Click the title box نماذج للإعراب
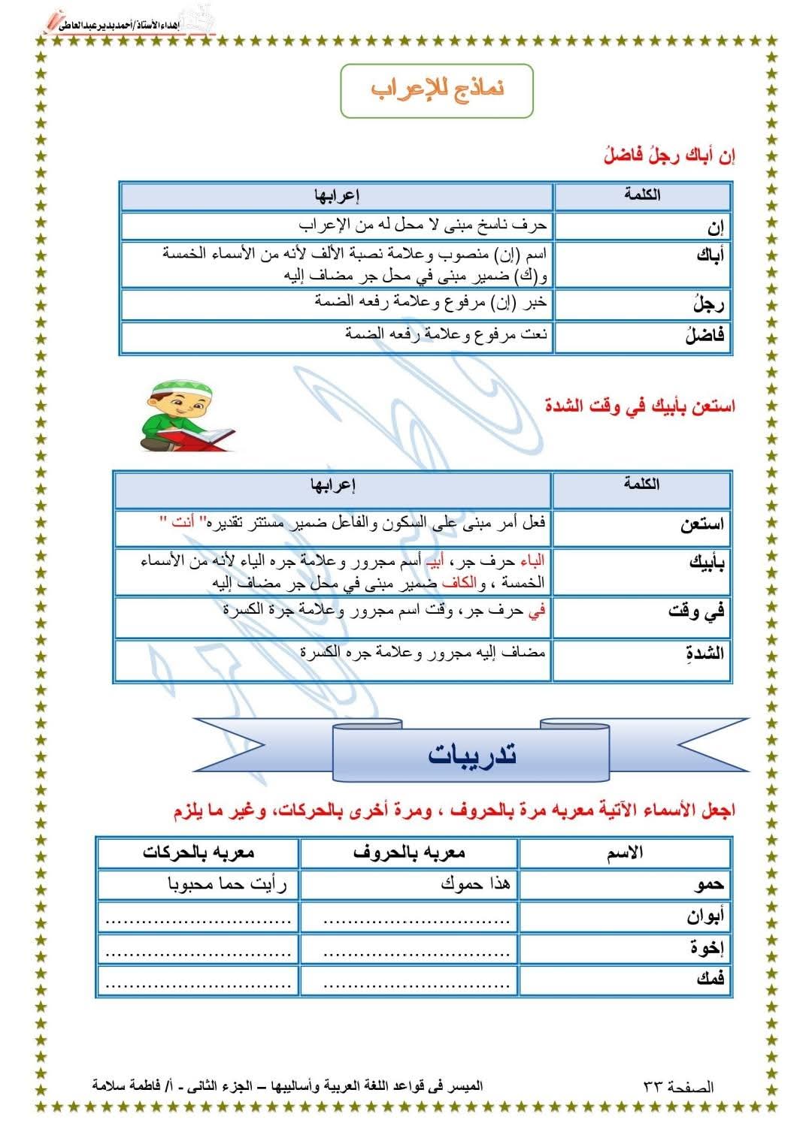[437, 90]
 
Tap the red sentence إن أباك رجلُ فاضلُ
[669, 156]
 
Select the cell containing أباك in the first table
[643, 263]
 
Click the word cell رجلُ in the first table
[643, 304]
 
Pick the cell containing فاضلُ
[643, 337]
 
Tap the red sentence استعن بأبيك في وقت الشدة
[640, 406]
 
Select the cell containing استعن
[641, 526]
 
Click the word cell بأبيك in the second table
[641, 571]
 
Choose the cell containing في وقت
[641, 617]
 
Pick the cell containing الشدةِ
[641, 660]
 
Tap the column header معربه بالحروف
[409, 853]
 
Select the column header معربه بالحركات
[198, 853]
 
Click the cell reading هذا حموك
[409, 884]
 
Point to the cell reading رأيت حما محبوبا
[198, 884]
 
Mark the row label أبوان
[626, 916]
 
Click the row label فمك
[626, 979]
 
